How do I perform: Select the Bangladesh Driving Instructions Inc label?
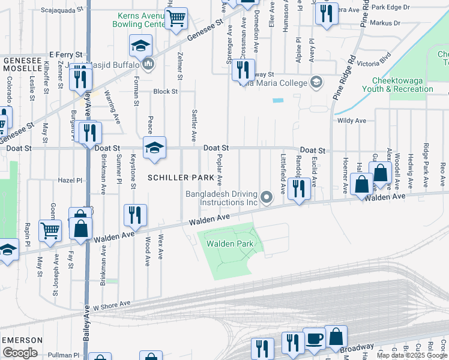point(221,199)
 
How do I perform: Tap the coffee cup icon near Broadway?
point(314,338)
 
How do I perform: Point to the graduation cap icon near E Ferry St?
point(140,46)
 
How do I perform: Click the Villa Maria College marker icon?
point(317,82)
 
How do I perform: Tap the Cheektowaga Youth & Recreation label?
point(411,84)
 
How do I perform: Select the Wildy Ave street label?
point(352,121)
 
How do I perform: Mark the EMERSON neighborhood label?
point(22,340)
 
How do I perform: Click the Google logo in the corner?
point(20,352)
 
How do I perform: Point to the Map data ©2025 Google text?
point(411,355)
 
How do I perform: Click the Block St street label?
point(165,92)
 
